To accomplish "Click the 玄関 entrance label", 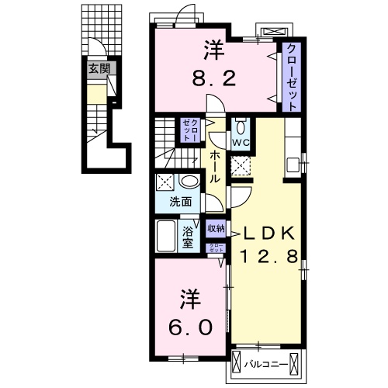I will [x=98, y=68].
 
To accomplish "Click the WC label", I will [x=240, y=142].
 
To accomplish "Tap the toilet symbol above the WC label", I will [x=241, y=127].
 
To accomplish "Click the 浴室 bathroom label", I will [x=189, y=237].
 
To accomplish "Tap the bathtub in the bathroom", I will [x=166, y=237].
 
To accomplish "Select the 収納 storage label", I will [x=216, y=228].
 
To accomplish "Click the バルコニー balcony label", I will [x=267, y=362].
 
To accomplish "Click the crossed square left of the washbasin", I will [x=165, y=182].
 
